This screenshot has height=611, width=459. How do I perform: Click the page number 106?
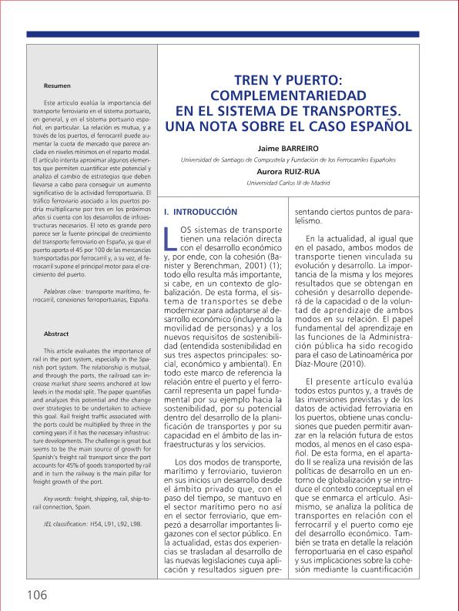pos(36,594)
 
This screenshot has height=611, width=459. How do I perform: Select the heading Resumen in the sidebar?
pos(58,85)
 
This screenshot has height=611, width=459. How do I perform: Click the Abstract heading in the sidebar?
pos(57,334)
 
